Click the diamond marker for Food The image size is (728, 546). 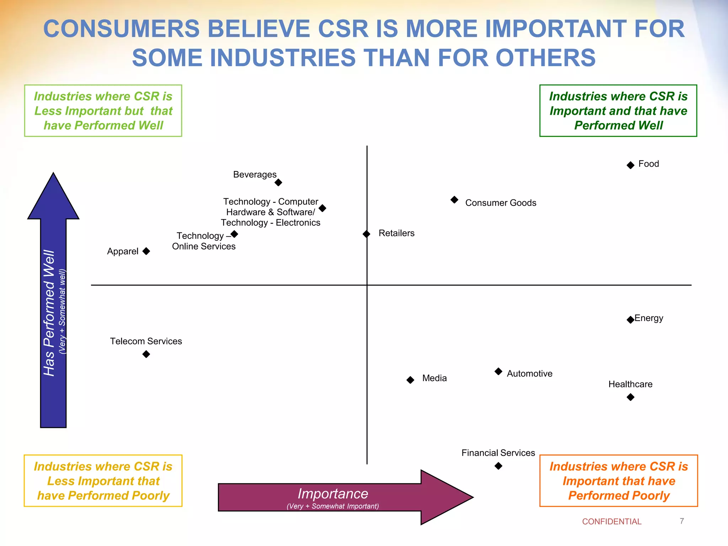click(630, 165)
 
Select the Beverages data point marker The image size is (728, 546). click(278, 182)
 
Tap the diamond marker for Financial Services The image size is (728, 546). click(498, 466)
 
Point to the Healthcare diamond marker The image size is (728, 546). click(630, 397)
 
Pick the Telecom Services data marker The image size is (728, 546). click(146, 354)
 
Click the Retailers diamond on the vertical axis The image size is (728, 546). click(366, 234)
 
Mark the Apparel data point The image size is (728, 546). click(146, 251)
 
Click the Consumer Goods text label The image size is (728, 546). click(500, 203)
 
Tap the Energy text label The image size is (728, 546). click(649, 318)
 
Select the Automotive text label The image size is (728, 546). click(529, 374)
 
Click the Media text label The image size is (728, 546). click(434, 378)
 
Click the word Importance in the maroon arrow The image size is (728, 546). click(333, 494)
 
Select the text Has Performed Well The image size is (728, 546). click(49, 313)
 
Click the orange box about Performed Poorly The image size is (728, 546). click(618, 481)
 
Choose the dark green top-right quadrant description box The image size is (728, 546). click(618, 111)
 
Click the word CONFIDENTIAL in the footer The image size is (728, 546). click(611, 521)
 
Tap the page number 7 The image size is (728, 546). click(681, 521)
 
